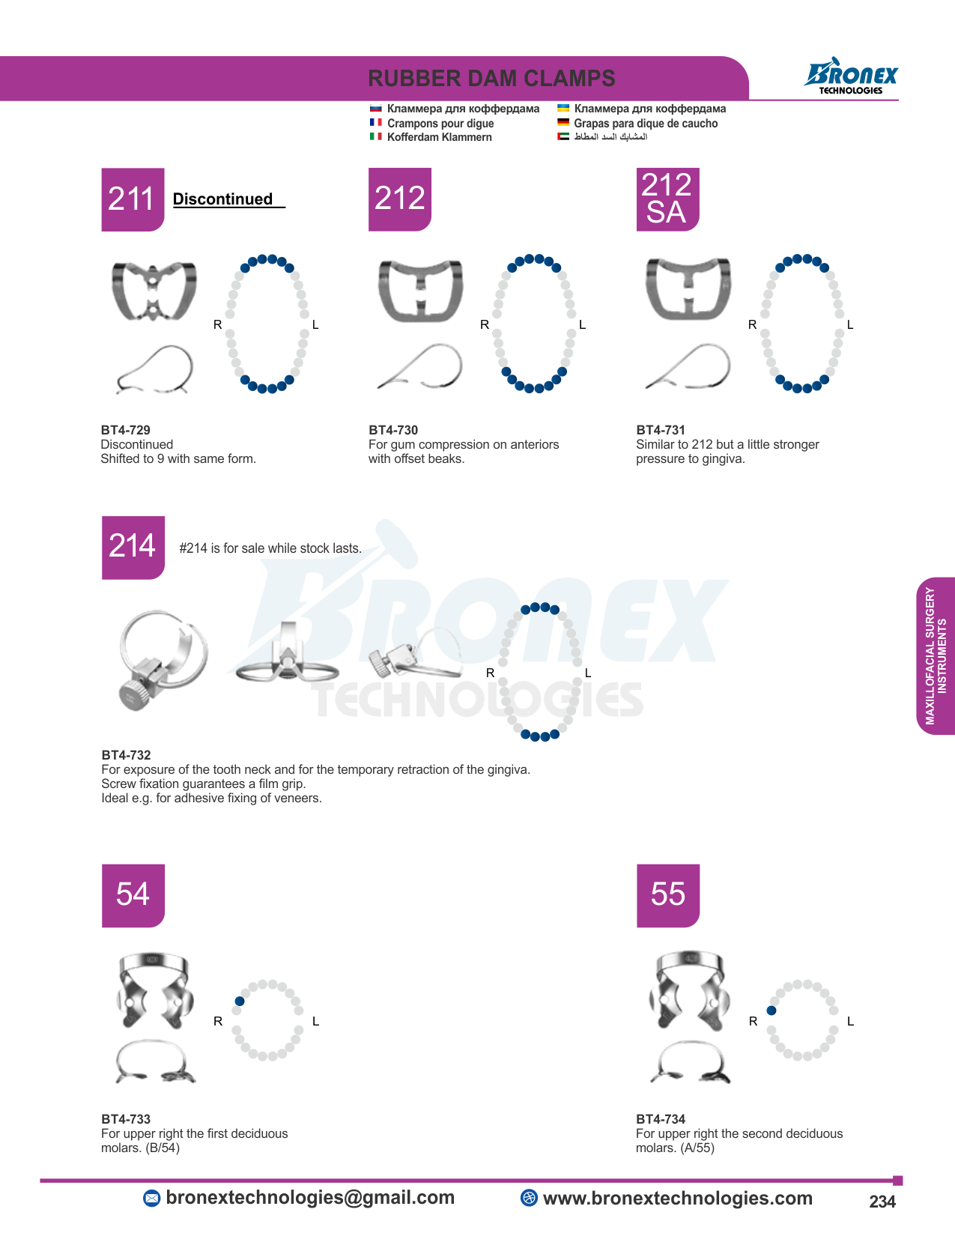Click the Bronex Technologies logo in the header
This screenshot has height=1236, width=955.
850,76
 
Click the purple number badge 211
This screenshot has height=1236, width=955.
133,199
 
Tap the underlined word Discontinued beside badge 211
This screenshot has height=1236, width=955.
223,199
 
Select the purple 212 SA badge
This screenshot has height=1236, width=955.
667,199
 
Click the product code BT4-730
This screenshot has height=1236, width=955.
393,430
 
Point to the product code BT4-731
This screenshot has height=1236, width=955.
661,430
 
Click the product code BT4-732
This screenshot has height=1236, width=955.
126,755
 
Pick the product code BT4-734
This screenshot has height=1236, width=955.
661,1119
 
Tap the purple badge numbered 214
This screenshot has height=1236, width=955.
133,547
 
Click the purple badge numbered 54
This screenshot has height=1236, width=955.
133,895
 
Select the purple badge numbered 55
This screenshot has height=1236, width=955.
668,895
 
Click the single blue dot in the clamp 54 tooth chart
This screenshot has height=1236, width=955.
240,1001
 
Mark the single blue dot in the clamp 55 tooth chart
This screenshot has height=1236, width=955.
771,1011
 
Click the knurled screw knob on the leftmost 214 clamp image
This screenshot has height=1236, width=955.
136,691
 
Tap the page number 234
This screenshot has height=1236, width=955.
882,1202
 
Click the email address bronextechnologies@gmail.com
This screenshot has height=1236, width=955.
310,1197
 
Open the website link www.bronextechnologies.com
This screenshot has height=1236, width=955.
677,1198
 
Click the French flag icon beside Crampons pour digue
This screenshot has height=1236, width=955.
375,122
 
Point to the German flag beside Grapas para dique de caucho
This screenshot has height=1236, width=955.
563,122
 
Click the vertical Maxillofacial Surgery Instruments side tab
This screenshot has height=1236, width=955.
936,655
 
